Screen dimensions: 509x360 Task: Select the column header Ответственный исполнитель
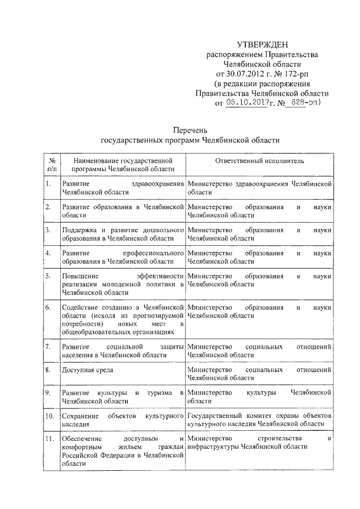[x=259, y=161]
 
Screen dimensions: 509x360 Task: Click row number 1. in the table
[x=49, y=184]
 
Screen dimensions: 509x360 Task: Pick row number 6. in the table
[x=49, y=308]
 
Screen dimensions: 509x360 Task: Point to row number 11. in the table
[x=50, y=438]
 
